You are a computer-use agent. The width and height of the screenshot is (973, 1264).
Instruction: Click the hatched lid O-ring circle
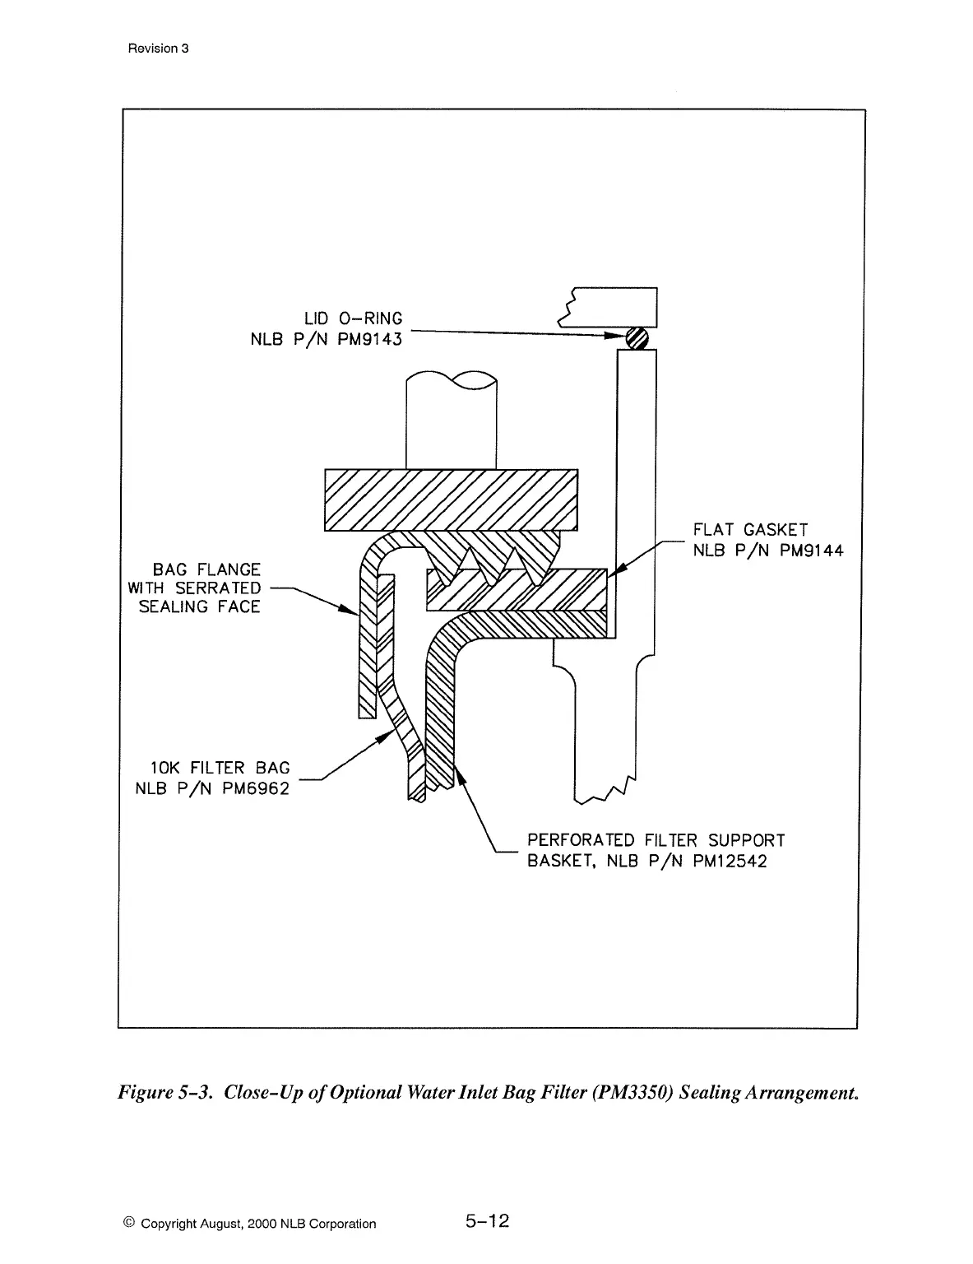[x=637, y=337]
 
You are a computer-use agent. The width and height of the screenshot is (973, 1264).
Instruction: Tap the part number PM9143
[x=370, y=339]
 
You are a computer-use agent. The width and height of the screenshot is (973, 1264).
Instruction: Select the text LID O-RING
[x=354, y=319]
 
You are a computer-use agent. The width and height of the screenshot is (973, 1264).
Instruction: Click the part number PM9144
[x=809, y=551]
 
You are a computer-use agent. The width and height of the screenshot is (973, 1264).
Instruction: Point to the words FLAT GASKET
[x=750, y=531]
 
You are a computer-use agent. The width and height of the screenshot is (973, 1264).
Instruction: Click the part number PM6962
[x=256, y=788]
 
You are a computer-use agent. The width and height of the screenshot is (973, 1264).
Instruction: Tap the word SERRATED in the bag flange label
[x=218, y=588]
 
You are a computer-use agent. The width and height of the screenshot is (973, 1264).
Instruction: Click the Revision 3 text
[x=159, y=49]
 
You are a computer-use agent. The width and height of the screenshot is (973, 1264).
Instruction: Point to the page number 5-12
[x=488, y=1221]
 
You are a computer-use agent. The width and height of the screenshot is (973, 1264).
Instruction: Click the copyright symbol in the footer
[x=128, y=1223]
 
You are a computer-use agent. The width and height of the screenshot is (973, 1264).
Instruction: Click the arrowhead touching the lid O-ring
[x=615, y=336]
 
